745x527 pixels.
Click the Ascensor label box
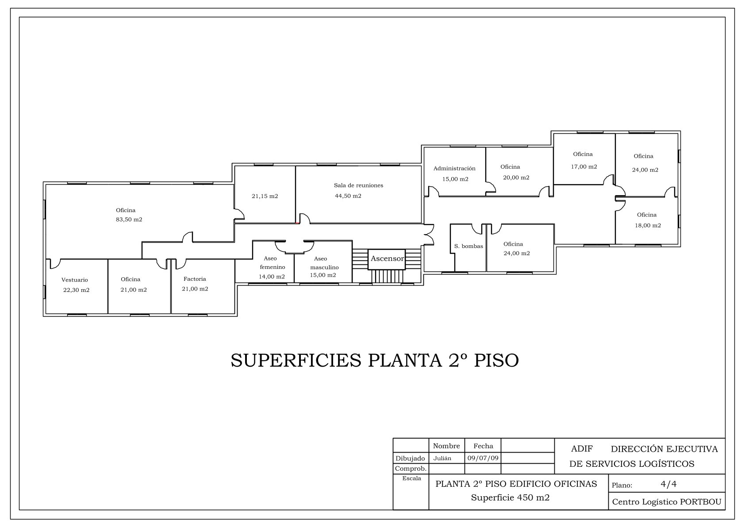tap(387, 259)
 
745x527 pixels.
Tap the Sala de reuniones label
tap(358, 186)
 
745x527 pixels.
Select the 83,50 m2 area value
tap(129, 220)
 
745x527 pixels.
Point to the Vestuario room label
tap(75, 280)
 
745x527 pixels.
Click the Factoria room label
tap(195, 279)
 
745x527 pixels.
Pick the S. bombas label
tap(469, 246)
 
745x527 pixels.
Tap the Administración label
tap(454, 168)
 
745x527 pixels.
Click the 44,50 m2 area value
tap(348, 196)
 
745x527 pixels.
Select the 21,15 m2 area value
tap(265, 197)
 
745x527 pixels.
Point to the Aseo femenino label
tap(273, 263)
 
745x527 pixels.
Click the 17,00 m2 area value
tap(584, 167)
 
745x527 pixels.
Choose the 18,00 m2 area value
tap(648, 225)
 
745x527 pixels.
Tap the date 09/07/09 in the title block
tap(483, 458)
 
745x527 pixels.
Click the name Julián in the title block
tap(442, 458)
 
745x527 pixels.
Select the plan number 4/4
tap(668, 484)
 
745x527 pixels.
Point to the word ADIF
tap(582, 449)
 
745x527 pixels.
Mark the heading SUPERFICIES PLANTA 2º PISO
tap(375, 360)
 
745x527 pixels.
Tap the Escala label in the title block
tap(412, 478)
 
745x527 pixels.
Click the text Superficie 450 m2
tap(510, 498)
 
